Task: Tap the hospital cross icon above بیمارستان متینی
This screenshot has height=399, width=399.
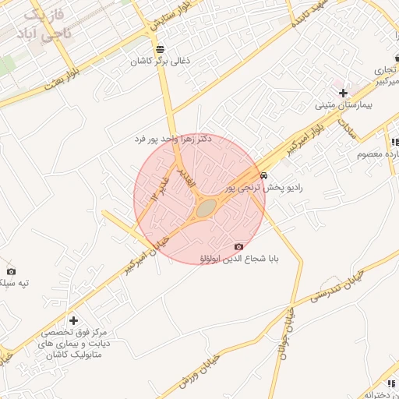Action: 344,92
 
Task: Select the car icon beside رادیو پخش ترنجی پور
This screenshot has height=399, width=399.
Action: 265,176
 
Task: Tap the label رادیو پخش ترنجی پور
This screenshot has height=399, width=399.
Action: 263,188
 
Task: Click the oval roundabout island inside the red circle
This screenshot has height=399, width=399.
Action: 206,208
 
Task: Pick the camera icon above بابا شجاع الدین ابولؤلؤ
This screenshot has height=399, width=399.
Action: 238,246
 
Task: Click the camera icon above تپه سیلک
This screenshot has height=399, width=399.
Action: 11,270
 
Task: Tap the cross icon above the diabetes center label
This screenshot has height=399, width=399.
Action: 73,320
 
